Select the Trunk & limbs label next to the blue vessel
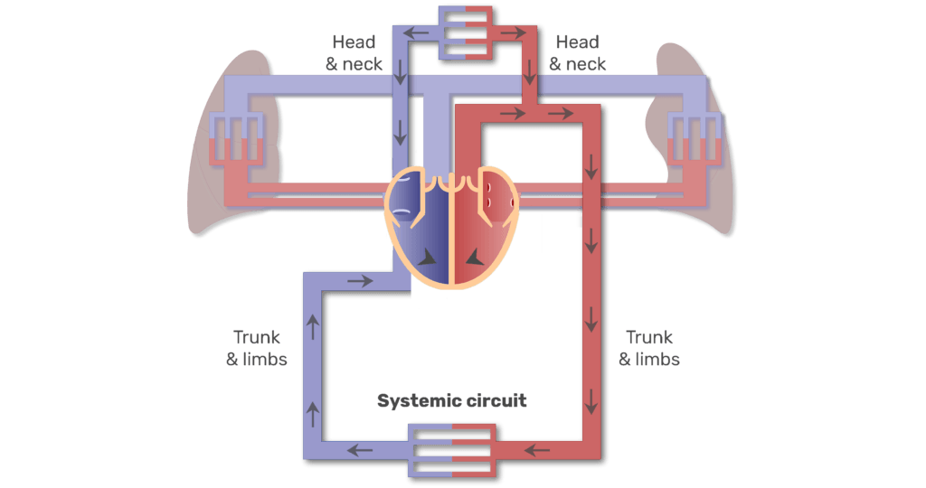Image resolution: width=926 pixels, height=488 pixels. tap(257, 348)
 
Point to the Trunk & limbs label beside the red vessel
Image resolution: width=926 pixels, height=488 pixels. tap(649, 348)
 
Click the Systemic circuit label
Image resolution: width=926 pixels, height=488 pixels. tap(452, 400)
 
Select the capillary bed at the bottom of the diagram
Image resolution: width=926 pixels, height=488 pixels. tap(451, 448)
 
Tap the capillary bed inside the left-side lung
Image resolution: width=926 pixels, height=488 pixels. tap(234, 140)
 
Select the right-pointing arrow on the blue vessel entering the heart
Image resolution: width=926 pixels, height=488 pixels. tap(360, 281)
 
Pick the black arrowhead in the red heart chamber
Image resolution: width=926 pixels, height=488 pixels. tap(495, 258)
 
